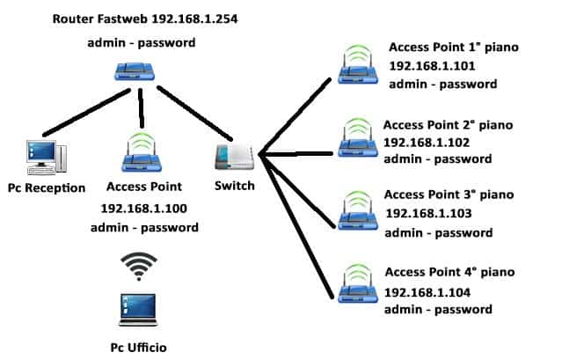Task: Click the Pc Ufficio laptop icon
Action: pos(139,307)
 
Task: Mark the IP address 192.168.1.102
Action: pos(427,141)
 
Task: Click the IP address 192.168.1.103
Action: pos(427,214)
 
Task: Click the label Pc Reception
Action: pos(46,187)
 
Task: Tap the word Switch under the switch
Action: pos(234,186)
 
